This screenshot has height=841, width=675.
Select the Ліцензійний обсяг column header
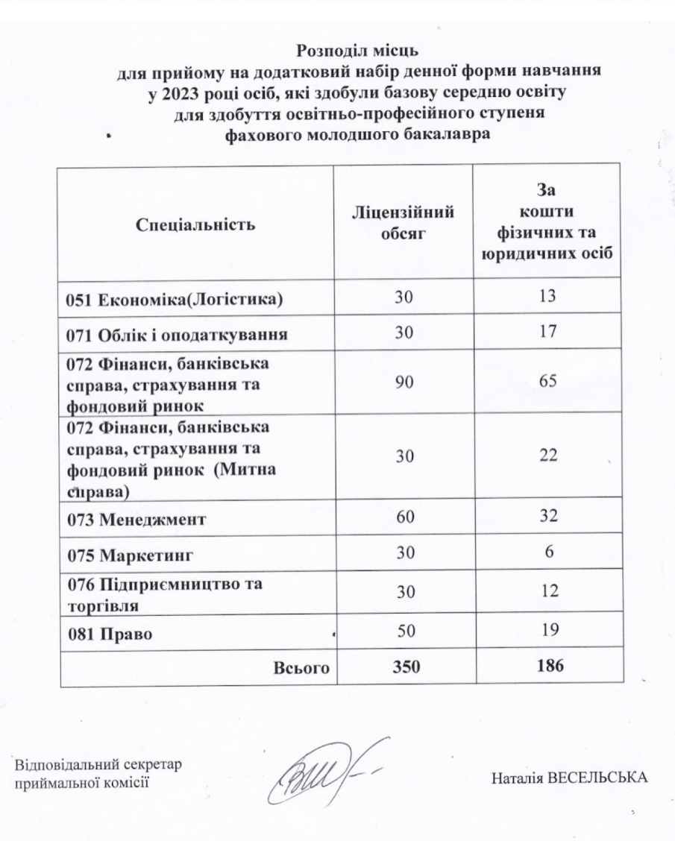[x=404, y=223]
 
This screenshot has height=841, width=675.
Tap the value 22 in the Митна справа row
[x=547, y=456]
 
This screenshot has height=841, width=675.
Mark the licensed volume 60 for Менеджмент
[x=404, y=517]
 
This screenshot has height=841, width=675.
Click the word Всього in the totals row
[x=302, y=668]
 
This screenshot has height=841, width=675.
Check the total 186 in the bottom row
[x=548, y=667]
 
